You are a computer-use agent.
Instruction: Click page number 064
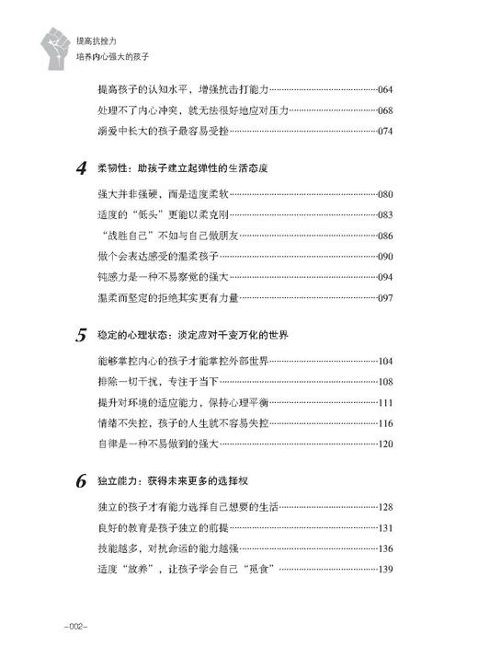click(x=384, y=89)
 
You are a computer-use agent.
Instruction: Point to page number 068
click(x=384, y=110)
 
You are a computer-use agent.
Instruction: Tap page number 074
click(x=384, y=132)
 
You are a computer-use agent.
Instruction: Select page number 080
click(x=384, y=194)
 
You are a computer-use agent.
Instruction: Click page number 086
click(x=384, y=236)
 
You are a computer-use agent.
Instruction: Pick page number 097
click(x=384, y=297)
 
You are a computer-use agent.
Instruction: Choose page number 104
click(x=384, y=361)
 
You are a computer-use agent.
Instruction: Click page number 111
click(x=384, y=402)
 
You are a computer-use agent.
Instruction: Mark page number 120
click(x=384, y=444)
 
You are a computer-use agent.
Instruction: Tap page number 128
click(x=384, y=507)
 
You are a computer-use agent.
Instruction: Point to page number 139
click(x=384, y=569)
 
